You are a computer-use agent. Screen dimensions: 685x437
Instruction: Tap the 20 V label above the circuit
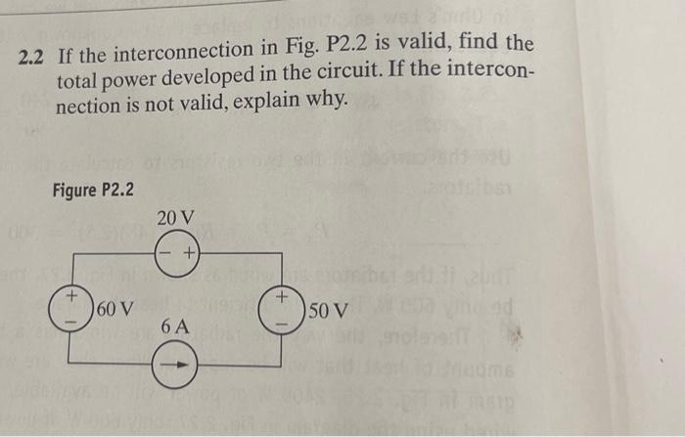point(175,216)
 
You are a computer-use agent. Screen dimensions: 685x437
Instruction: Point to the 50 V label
point(327,312)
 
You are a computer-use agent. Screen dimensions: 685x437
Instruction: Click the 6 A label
point(175,324)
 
